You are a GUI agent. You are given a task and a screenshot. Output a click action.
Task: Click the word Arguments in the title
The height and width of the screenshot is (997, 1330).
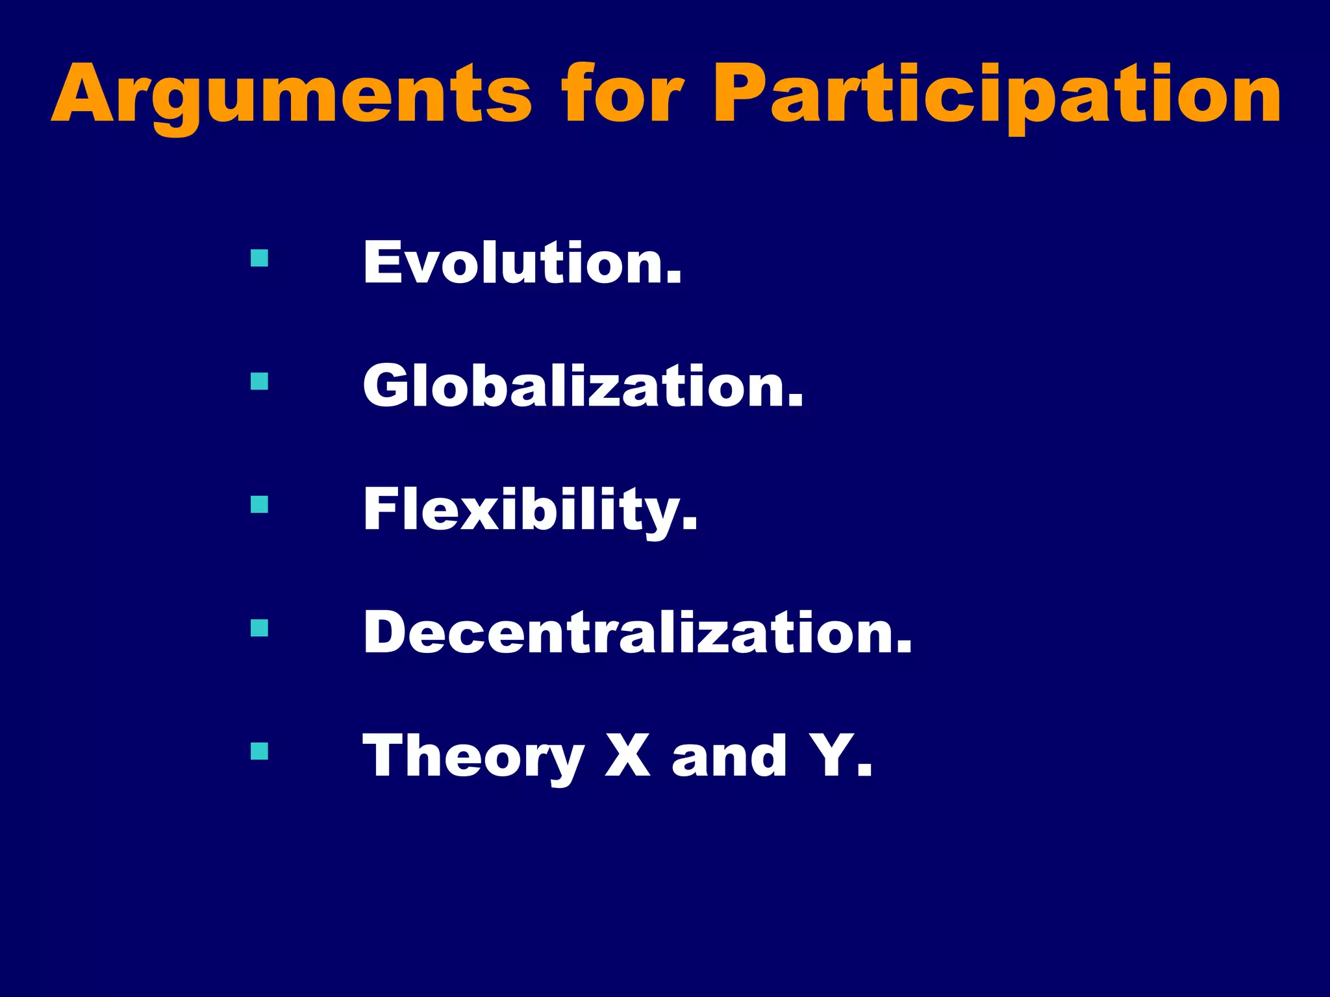click(292, 94)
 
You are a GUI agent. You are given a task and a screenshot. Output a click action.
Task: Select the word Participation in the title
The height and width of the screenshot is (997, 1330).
click(997, 94)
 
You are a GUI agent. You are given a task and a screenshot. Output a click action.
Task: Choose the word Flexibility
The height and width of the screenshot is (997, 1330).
click(530, 510)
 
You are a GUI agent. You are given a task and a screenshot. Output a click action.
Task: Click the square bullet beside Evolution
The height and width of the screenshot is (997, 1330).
click(259, 258)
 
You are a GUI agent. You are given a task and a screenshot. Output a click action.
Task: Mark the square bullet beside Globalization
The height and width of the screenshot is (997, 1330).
click(259, 381)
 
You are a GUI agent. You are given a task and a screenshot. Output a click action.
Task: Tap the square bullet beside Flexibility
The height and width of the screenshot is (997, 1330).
click(259, 504)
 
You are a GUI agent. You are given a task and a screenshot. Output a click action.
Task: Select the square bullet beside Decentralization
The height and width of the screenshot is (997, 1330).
click(259, 628)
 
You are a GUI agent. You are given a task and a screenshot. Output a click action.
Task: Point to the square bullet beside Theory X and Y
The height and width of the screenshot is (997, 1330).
click(259, 751)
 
